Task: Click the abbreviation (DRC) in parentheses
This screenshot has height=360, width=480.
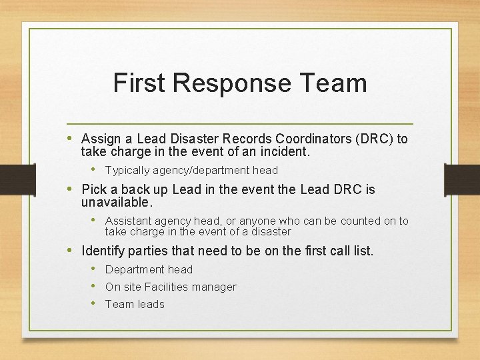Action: pyautogui.click(x=374, y=139)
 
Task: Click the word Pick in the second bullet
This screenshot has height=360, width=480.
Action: pyautogui.click(x=94, y=189)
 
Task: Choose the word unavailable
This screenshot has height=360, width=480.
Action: pyautogui.click(x=117, y=201)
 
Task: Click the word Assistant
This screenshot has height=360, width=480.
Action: pyautogui.click(x=130, y=221)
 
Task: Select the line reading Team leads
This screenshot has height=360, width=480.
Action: pyautogui.click(x=135, y=304)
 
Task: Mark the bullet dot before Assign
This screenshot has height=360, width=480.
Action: pyautogui.click(x=71, y=138)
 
